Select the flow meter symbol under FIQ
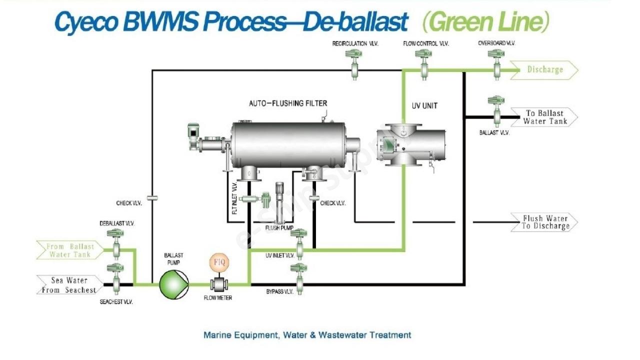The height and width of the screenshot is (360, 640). pyautogui.click(x=219, y=284)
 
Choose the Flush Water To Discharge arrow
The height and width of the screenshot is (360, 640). pyautogui.click(x=544, y=222)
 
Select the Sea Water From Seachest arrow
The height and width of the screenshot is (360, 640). pyautogui.click(x=69, y=285)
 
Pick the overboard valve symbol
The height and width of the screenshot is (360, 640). pyautogui.click(x=496, y=63)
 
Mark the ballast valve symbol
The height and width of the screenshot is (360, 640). pyautogui.click(x=496, y=110)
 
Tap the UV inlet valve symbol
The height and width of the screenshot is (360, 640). pyautogui.click(x=299, y=243)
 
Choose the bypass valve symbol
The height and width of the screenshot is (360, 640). pyautogui.click(x=299, y=277)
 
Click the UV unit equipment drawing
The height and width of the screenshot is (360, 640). pyautogui.click(x=411, y=145)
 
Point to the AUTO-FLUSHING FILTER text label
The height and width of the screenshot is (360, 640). pyautogui.click(x=288, y=103)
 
